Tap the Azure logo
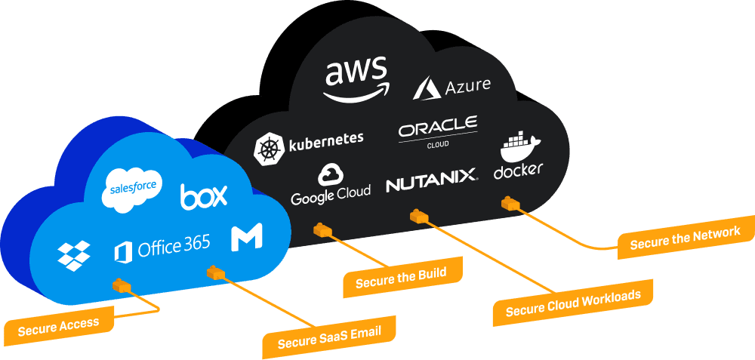(452, 87)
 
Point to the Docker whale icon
(518, 146)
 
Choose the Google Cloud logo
(331, 184)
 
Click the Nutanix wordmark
(431, 181)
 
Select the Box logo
(203, 197)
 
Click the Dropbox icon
(74, 255)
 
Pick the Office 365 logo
(162, 248)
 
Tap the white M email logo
(246, 238)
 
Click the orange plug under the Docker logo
(511, 203)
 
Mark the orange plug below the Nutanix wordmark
(419, 217)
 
